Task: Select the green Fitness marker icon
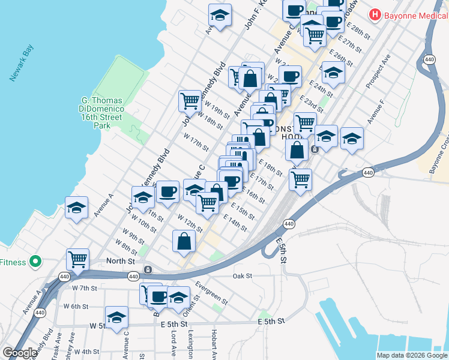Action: click(x=35, y=262)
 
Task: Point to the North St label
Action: click(x=120, y=261)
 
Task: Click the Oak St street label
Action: click(x=242, y=276)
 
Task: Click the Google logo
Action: click(x=20, y=352)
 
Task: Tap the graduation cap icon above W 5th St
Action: click(x=116, y=317)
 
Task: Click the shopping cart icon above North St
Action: click(x=77, y=259)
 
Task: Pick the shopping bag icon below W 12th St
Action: click(x=184, y=241)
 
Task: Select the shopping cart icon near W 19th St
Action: click(x=190, y=100)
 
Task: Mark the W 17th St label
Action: click(x=196, y=143)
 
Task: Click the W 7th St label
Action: click(x=84, y=289)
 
